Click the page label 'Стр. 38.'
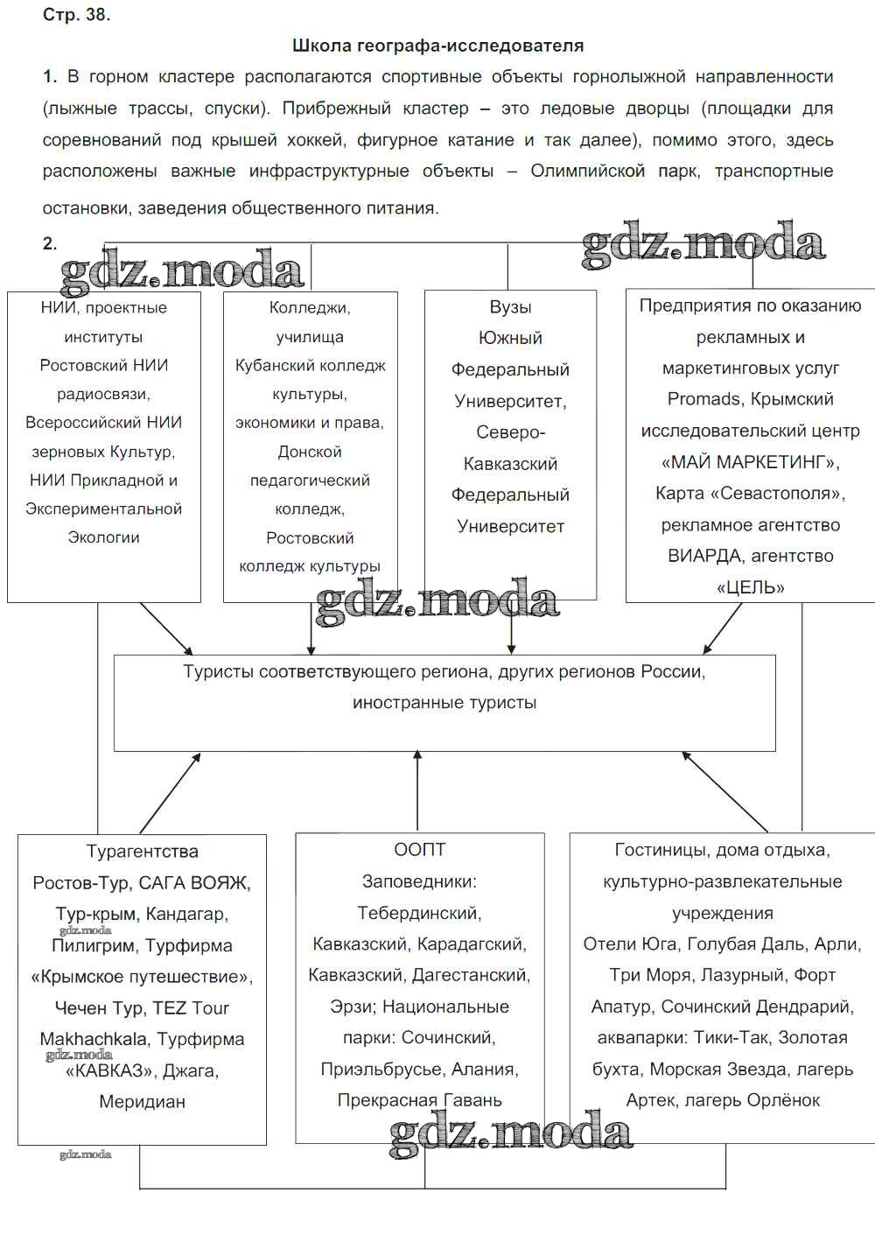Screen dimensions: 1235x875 76,15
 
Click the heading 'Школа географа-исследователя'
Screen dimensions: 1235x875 437,46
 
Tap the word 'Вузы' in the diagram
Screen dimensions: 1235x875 510,307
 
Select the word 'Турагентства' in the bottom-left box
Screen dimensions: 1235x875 142,852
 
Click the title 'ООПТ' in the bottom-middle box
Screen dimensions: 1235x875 420,850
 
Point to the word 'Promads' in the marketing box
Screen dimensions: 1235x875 704,399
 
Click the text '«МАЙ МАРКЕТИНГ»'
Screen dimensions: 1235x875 751,461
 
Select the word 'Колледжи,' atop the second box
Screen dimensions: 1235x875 310,307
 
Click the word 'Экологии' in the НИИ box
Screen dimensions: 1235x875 103,537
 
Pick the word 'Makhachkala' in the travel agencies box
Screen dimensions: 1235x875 92,1039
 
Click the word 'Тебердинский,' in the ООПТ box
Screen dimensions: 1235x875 420,913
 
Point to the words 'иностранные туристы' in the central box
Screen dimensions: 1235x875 444,703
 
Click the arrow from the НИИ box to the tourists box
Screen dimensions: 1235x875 166,628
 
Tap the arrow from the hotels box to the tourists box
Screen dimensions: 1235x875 724,791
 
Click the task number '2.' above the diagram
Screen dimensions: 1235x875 50,244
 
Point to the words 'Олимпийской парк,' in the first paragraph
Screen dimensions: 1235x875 615,171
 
